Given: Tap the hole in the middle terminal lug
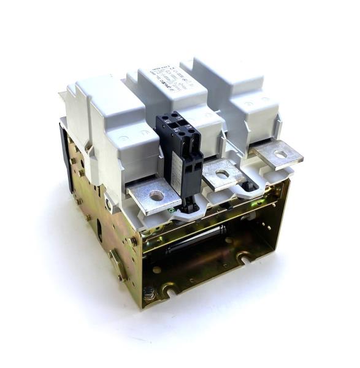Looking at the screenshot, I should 222,174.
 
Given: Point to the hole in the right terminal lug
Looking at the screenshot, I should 280,154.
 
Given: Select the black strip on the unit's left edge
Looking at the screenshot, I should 64,157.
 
